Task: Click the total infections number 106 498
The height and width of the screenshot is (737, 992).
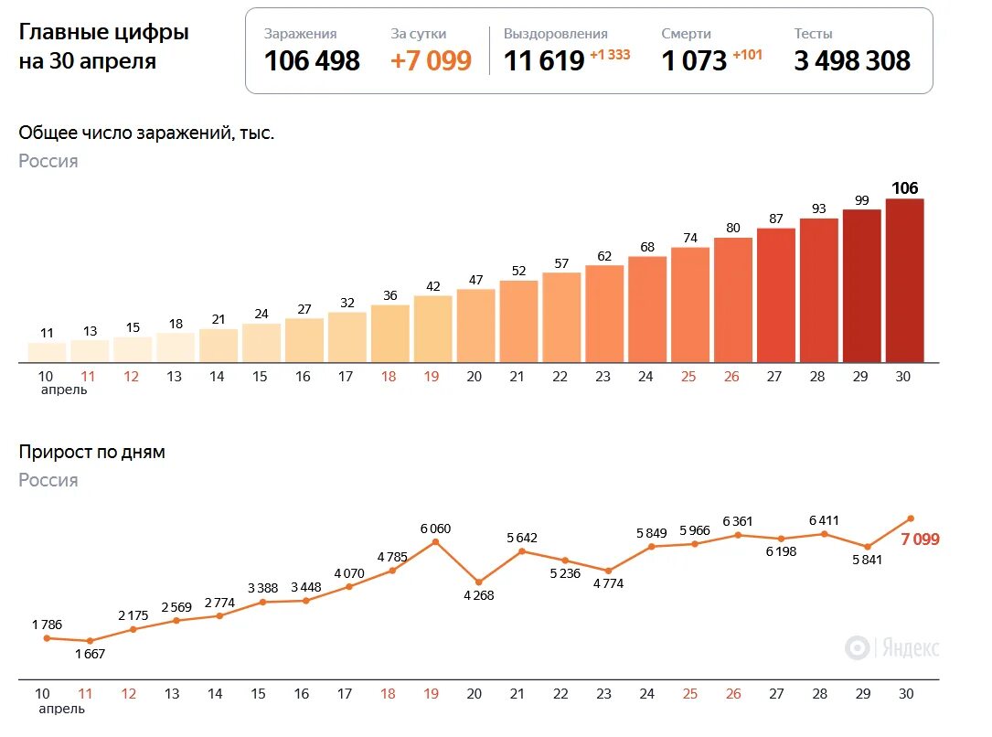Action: coord(312,61)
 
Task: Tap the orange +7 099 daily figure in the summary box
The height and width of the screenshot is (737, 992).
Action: coord(431,61)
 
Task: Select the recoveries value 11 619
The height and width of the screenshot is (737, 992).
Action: coord(544,61)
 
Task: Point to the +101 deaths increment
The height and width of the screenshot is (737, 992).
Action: coord(747,55)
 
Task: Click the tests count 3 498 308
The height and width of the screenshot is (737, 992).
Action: coord(852,61)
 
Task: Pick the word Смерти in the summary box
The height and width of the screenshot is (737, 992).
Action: coord(686,34)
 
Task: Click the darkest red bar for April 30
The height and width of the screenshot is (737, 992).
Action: coord(904,280)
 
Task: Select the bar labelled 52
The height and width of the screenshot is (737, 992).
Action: coord(518,320)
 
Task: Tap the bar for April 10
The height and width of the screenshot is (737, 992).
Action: coord(47,352)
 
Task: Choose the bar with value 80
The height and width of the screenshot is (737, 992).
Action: coord(733,299)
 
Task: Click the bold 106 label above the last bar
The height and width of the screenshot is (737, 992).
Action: coord(904,188)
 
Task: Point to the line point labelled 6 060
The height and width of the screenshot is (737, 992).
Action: coord(435,542)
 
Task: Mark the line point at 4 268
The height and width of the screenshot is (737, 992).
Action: coord(478,582)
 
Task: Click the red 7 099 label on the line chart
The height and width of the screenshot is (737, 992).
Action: coord(920,539)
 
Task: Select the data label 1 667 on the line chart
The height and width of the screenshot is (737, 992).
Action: coord(91,654)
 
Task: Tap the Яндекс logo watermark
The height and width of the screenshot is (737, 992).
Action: coord(892,648)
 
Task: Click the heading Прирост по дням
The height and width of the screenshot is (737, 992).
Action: coord(92,452)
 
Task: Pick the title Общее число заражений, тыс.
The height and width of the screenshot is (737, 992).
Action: coord(146,133)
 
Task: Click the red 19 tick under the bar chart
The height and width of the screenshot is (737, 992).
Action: coord(432,377)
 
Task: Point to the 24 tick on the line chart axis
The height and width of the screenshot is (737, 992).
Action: coord(646,694)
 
